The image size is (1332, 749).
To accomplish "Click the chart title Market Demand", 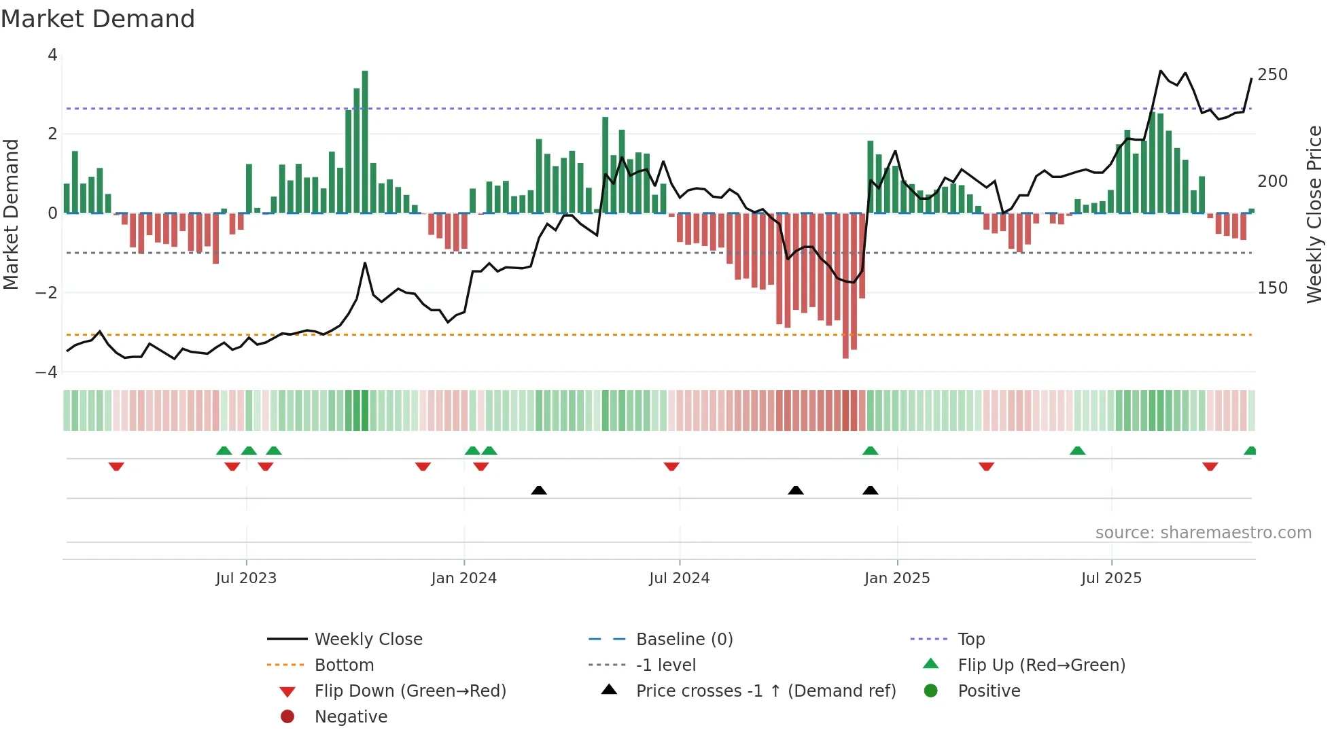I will [98, 19].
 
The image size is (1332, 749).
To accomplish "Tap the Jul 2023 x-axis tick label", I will [246, 578].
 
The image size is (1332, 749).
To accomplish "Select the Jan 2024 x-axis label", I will [463, 578].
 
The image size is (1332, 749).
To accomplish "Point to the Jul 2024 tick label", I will [679, 578].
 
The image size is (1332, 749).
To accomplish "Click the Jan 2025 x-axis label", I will [897, 578].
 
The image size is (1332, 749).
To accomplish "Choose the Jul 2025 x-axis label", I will [1111, 578].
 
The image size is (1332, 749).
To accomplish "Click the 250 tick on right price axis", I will [1272, 74].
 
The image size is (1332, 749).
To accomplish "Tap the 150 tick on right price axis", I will [1272, 288].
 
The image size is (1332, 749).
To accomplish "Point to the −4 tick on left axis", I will [46, 372].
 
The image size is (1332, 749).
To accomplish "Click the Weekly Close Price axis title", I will [1314, 214].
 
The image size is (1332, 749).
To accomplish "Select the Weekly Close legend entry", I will [368, 639].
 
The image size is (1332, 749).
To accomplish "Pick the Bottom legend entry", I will [344, 665].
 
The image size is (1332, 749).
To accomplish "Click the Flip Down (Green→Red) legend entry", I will [410, 691].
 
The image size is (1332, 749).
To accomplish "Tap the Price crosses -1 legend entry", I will [765, 691].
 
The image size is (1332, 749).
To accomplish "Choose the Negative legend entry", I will [351, 716].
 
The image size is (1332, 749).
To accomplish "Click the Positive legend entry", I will [989, 691].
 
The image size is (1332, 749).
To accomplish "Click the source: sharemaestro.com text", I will [1203, 532].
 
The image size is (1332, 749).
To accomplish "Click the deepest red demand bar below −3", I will [845, 285].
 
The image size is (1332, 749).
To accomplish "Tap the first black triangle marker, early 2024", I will [539, 490].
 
